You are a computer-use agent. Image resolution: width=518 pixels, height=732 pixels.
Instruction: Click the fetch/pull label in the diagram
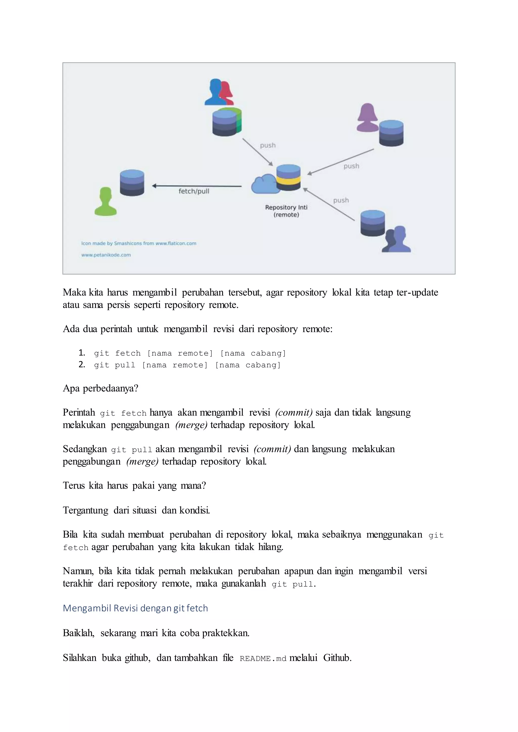pyautogui.click(x=193, y=191)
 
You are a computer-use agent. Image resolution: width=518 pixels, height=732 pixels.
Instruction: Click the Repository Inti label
pyautogui.click(x=286, y=208)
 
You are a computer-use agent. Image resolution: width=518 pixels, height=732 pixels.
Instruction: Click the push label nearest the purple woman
pyautogui.click(x=351, y=166)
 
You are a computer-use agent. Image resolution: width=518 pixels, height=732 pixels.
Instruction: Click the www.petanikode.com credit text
pyautogui.click(x=106, y=255)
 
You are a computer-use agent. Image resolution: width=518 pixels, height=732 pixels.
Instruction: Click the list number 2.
pyautogui.click(x=82, y=364)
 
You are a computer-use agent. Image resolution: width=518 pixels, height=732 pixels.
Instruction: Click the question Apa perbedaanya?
pyautogui.click(x=100, y=388)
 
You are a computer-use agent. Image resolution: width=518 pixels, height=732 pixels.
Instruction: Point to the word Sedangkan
pyautogui.click(x=85, y=449)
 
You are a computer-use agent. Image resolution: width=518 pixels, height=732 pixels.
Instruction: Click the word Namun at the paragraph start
pyautogui.click(x=78, y=571)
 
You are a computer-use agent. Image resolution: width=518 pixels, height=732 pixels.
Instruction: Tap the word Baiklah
pyautogui.click(x=78, y=633)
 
